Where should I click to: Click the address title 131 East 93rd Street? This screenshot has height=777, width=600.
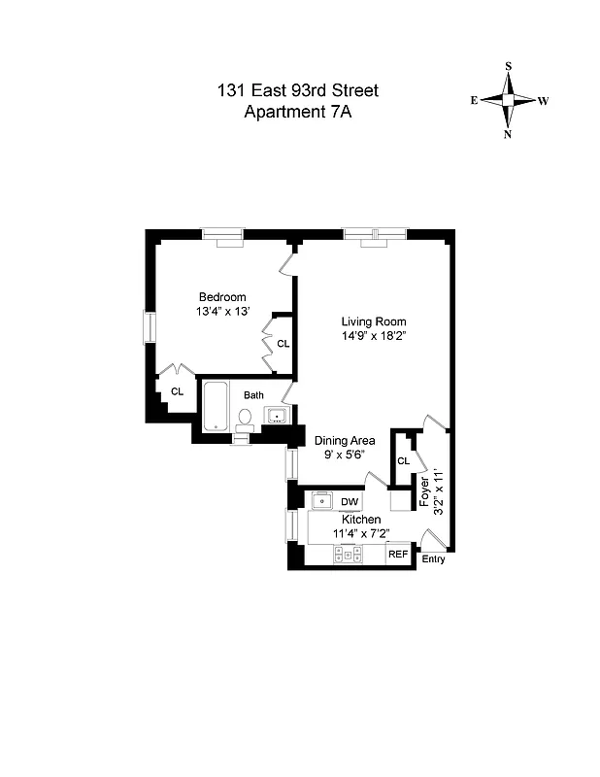coord(297,91)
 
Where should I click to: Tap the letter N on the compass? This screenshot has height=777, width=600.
coord(508,135)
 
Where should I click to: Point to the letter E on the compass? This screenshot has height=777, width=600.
coord(474,100)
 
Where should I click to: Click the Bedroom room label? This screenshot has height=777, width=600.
coord(222,297)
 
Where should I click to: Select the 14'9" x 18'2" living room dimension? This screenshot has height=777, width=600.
coord(373,338)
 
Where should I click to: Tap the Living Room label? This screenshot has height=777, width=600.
coord(373,322)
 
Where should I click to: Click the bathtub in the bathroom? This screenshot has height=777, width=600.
coord(216,405)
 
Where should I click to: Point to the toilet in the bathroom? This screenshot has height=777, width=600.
coord(246,419)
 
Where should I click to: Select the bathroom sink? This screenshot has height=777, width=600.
coord(276,417)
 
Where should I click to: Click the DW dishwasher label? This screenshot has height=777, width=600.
coord(349,502)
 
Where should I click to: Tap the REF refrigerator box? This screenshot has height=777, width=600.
coord(397,555)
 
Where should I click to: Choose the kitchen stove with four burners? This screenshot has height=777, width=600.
coord(348,555)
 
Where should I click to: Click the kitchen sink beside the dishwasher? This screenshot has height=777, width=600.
coord(322,502)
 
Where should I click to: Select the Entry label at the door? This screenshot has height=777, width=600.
coord(433,560)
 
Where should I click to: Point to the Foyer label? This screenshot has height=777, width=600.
coord(424,493)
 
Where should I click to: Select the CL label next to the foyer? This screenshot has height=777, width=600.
coord(402,461)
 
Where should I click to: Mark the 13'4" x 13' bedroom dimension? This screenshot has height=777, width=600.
coord(222,313)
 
